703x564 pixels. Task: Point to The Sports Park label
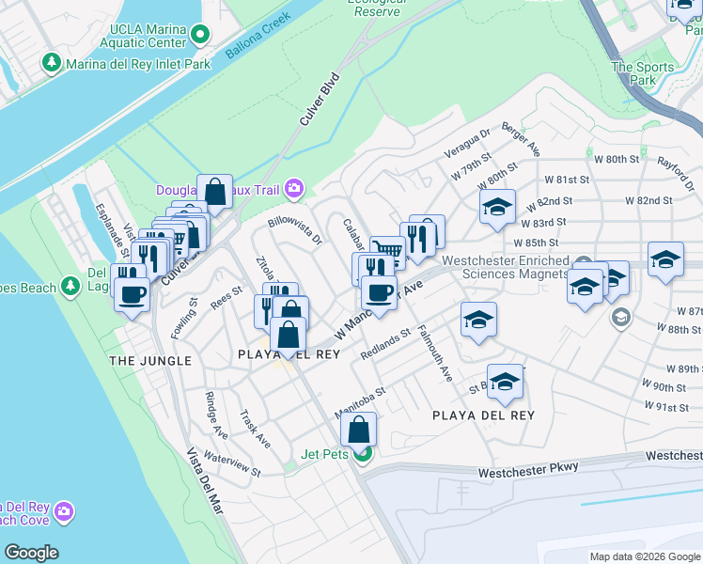point(643,73)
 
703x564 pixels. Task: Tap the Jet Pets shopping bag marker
point(360,431)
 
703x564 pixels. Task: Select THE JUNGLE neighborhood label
point(150,361)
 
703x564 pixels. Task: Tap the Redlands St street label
point(385,345)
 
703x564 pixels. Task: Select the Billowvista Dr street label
point(295,232)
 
